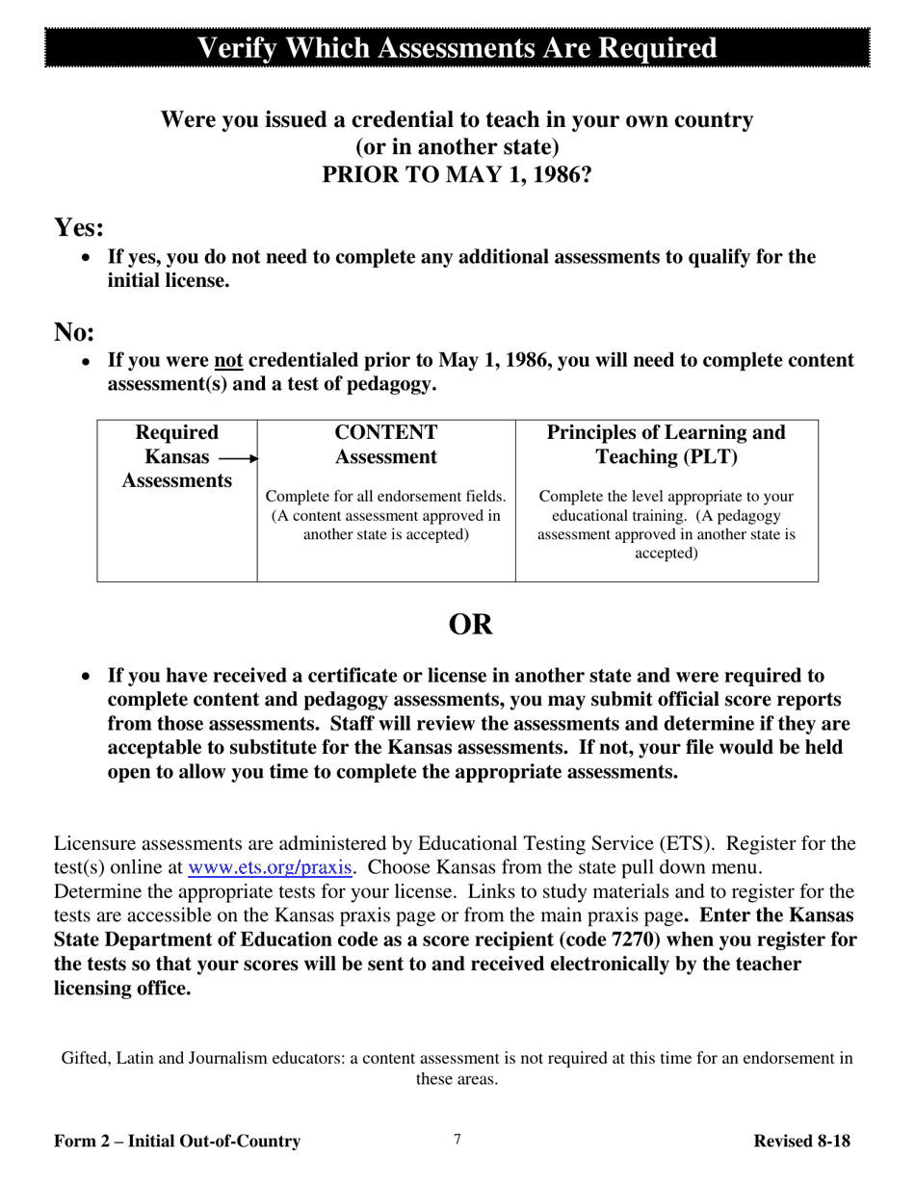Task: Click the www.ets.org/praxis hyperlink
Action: pos(270,868)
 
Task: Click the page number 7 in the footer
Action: pos(457,1140)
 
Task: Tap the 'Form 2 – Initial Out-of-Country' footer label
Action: pos(177,1142)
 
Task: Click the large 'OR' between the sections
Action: pos(470,625)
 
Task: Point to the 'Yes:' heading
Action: pos(79,228)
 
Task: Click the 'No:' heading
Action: pos(74,332)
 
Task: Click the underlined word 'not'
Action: pos(228,360)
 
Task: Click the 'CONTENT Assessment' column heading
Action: pos(385,445)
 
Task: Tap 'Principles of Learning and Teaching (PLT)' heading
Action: pos(667,445)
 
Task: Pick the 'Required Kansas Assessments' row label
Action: pos(177,456)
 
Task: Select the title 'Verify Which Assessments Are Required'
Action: pos(457,48)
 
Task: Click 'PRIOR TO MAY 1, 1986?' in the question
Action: pos(457,175)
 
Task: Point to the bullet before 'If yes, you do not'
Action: pos(88,258)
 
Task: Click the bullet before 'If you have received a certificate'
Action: pos(88,677)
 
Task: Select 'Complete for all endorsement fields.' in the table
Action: pos(385,497)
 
